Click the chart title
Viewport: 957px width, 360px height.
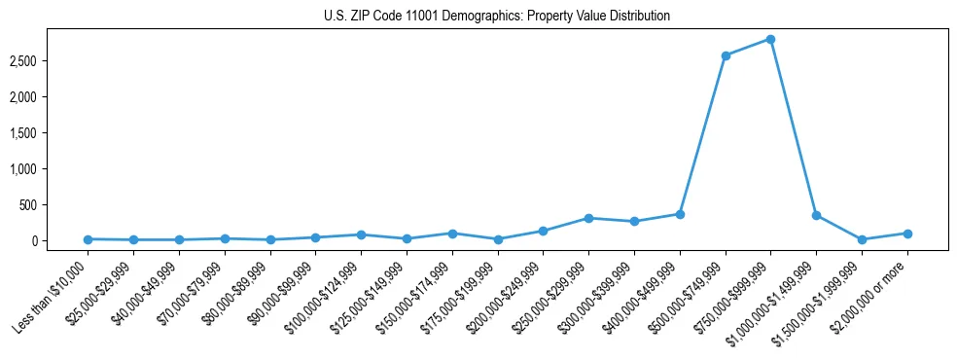(497, 17)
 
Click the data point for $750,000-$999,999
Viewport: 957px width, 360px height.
(770, 39)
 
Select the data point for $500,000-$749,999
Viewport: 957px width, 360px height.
(726, 55)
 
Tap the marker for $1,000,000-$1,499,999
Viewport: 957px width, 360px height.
(816, 215)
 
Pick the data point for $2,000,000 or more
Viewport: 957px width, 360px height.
(907, 234)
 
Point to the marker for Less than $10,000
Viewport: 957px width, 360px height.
(88, 239)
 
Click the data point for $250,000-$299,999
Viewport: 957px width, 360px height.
(588, 218)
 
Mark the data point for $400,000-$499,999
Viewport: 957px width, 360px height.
(680, 214)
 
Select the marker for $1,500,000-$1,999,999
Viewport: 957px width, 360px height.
(862, 239)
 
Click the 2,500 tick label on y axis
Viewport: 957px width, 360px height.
(49, 61)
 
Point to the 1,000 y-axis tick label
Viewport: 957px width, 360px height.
(49, 169)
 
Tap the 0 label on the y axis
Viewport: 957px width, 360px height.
(59, 241)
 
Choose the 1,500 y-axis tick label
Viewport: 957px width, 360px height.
(49, 133)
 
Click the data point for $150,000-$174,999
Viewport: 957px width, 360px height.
(452, 234)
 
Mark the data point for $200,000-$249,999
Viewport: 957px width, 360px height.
(543, 231)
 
